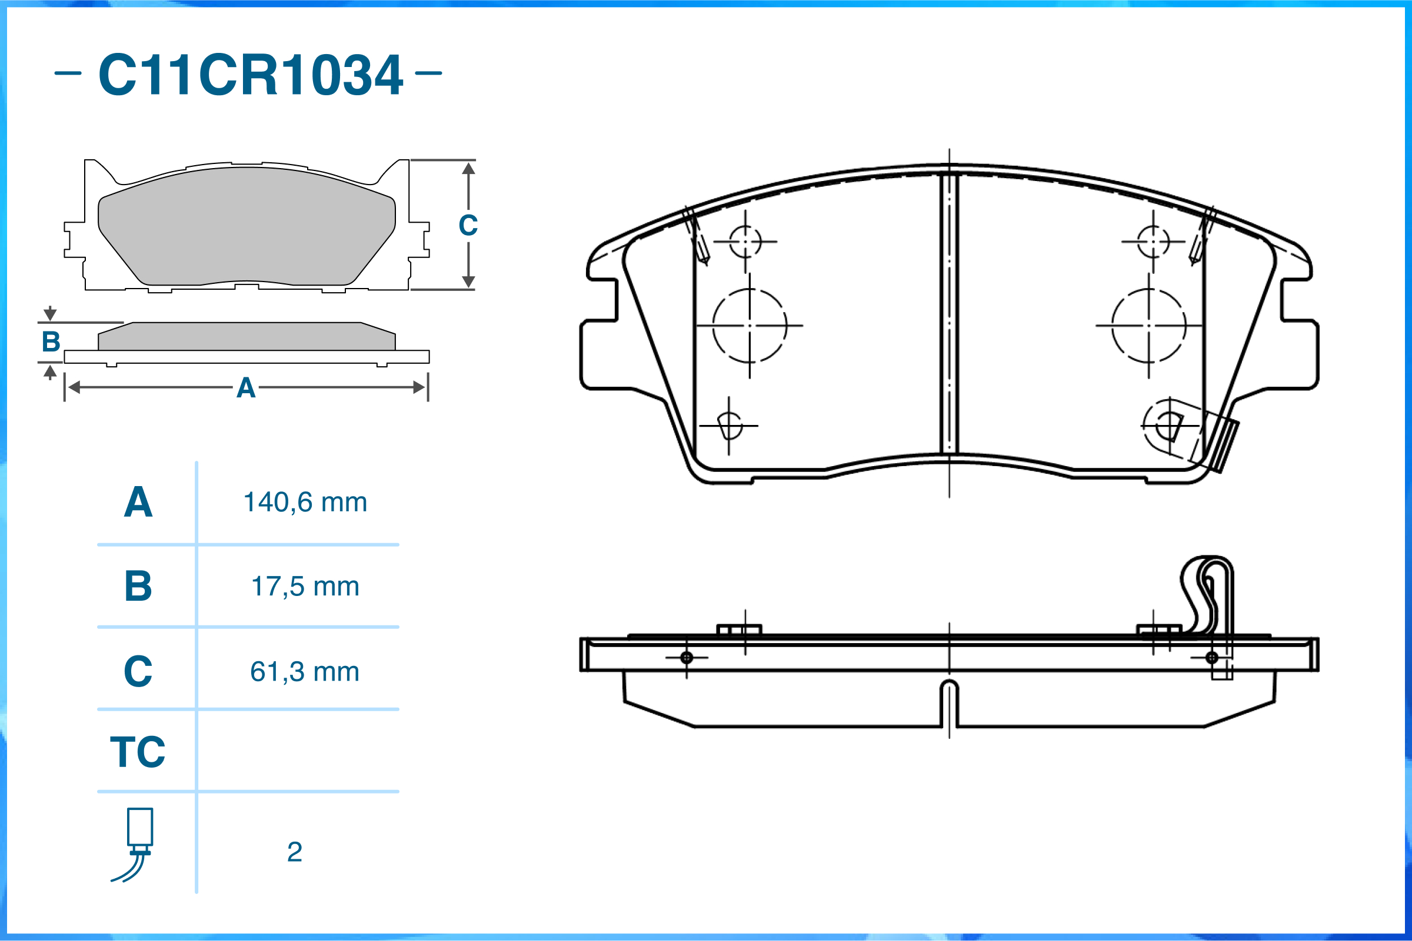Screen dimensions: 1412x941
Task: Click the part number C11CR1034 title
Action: point(250,75)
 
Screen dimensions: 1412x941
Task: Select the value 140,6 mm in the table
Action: point(305,503)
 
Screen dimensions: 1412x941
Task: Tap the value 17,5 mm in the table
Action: point(305,587)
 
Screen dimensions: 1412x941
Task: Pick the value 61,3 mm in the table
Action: point(305,672)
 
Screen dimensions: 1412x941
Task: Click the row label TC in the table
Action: point(138,752)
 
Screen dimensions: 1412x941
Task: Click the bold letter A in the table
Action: point(138,503)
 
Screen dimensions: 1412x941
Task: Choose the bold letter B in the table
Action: point(138,587)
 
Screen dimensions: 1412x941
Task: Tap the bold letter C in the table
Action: point(138,672)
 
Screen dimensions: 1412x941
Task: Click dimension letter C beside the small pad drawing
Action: point(468,226)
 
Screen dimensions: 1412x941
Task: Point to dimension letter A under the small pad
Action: point(246,389)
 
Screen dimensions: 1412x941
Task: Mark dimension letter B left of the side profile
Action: point(51,342)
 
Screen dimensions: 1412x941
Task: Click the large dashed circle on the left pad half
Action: point(750,326)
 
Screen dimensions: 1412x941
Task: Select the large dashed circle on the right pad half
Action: point(1148,326)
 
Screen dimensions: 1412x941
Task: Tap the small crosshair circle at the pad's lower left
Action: point(730,426)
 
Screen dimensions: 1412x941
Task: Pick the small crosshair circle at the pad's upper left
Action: point(745,242)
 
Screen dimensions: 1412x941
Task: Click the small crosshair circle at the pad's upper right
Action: point(1153,242)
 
